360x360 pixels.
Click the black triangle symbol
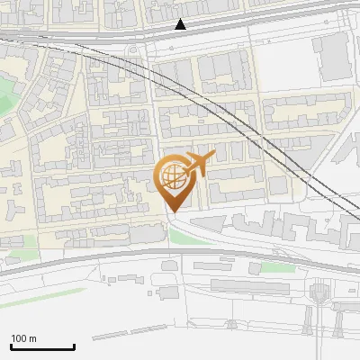point(181,24)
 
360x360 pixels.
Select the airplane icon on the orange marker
point(198,164)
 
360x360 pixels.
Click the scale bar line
point(42,346)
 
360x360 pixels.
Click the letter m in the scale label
point(33,338)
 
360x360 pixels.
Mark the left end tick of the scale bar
point(11,345)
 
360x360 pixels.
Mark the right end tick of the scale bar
point(74,345)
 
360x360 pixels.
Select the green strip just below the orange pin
point(184,237)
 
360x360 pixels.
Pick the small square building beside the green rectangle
point(256,268)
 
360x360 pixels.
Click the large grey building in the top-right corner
point(334,56)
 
